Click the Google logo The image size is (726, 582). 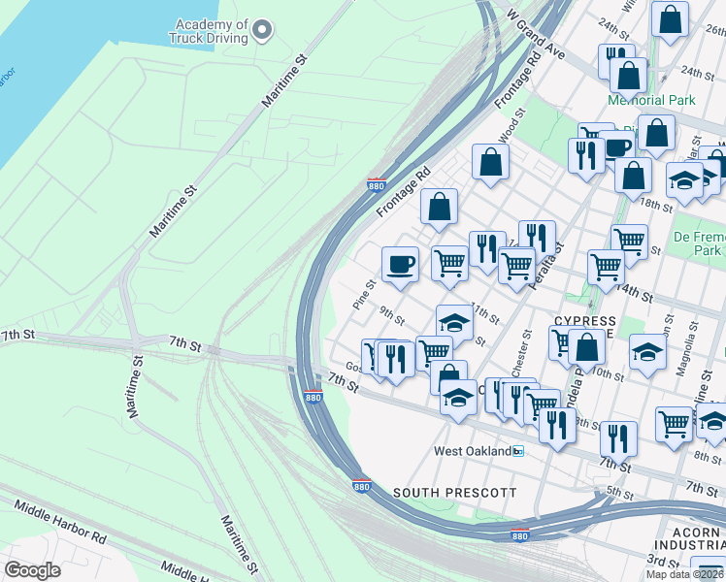click(x=31, y=570)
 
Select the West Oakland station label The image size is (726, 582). click(x=472, y=452)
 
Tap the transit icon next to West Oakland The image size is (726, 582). click(x=518, y=452)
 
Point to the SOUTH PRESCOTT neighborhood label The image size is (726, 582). click(x=454, y=493)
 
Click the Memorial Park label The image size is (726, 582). click(x=651, y=100)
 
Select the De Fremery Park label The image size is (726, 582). click(x=702, y=242)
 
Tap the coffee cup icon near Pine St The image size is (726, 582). click(x=399, y=264)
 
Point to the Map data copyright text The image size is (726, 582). click(x=684, y=574)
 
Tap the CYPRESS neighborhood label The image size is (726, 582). click(x=584, y=321)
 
